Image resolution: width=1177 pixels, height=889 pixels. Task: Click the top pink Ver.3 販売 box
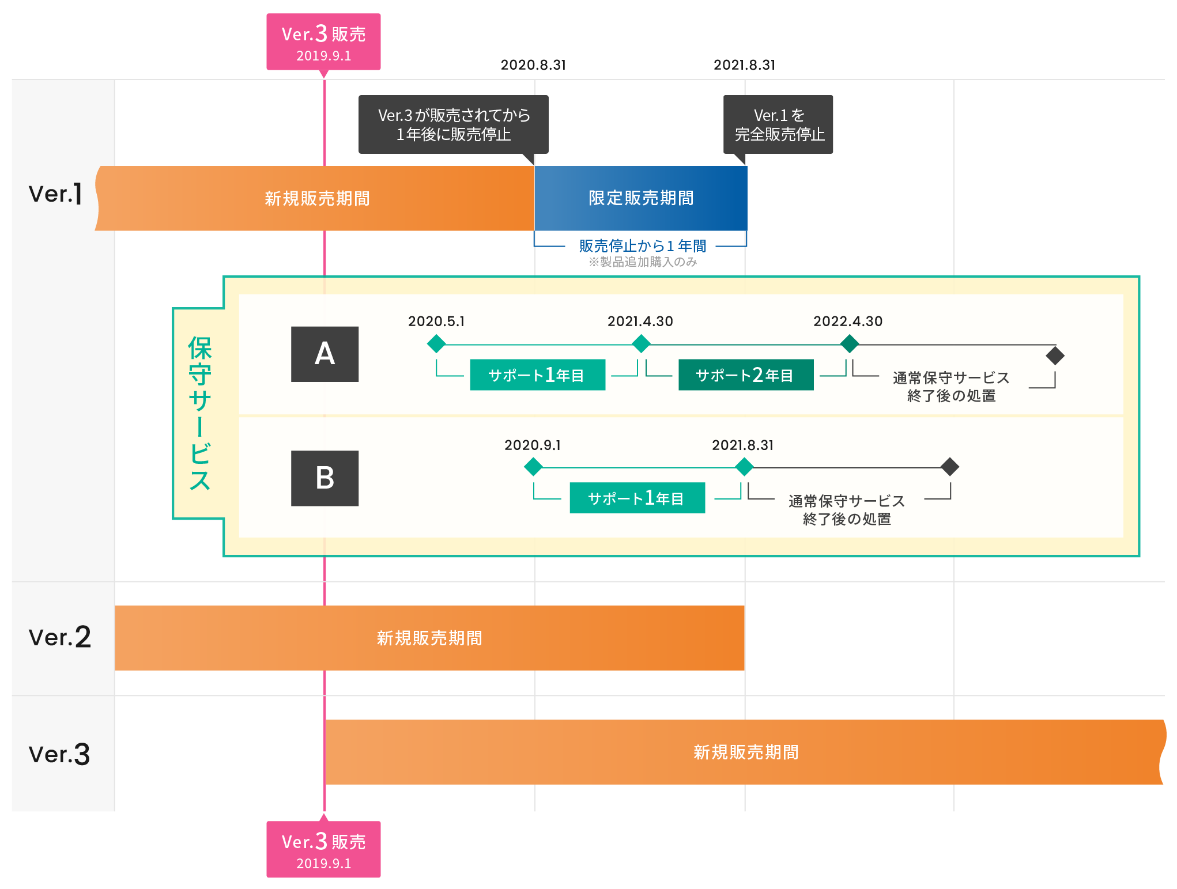pyautogui.click(x=323, y=42)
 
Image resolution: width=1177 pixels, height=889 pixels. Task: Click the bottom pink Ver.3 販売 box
pyautogui.click(x=323, y=849)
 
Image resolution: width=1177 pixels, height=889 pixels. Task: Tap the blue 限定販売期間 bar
pyautogui.click(x=640, y=198)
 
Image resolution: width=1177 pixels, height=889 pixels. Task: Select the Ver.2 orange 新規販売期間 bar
pyautogui.click(x=429, y=638)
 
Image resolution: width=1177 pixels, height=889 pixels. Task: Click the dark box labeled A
pyautogui.click(x=325, y=354)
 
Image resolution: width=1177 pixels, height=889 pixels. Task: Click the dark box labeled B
pyautogui.click(x=325, y=478)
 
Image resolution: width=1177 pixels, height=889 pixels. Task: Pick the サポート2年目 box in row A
pyautogui.click(x=745, y=375)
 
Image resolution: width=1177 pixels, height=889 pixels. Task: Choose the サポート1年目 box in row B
pyautogui.click(x=637, y=498)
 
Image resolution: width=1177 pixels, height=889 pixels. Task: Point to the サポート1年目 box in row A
pyautogui.click(x=537, y=375)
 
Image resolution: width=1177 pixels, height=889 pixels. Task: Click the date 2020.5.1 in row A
pyautogui.click(x=436, y=321)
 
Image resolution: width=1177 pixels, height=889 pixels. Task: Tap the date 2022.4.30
pyautogui.click(x=847, y=321)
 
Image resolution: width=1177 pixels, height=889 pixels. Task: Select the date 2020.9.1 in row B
pyautogui.click(x=532, y=445)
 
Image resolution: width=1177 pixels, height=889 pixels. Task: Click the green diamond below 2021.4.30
pyautogui.click(x=641, y=345)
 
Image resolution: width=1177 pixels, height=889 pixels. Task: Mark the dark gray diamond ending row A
pyautogui.click(x=1055, y=355)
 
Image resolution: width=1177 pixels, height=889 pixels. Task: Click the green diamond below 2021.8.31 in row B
pyautogui.click(x=744, y=467)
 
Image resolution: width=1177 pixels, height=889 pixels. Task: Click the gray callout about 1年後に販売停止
pyautogui.click(x=453, y=124)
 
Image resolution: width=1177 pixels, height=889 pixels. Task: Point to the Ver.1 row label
pyautogui.click(x=56, y=194)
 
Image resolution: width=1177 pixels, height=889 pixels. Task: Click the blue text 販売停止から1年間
pyautogui.click(x=642, y=246)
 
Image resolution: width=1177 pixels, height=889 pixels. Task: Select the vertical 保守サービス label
pyautogui.click(x=199, y=413)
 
